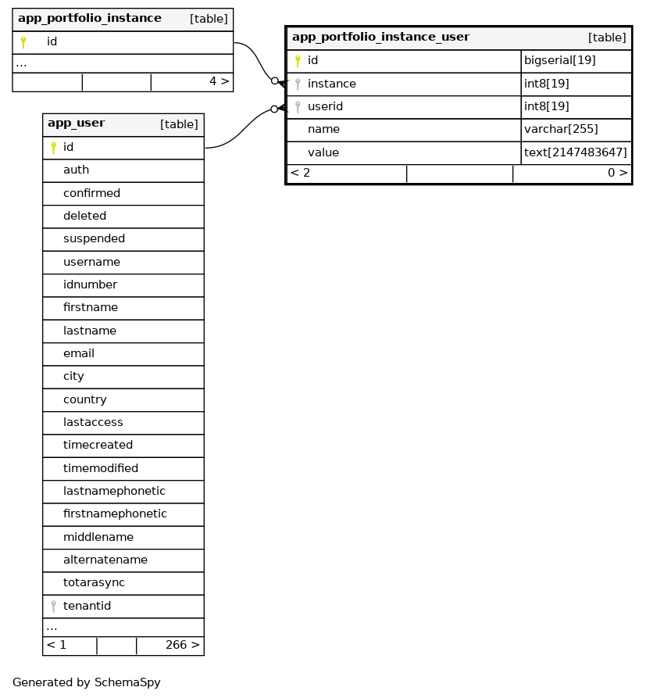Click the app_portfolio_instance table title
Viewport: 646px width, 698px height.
pos(90,19)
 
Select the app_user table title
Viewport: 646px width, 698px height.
pos(77,123)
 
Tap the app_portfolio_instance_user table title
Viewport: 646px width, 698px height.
pos(380,37)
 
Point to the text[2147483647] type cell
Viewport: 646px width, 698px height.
pos(576,152)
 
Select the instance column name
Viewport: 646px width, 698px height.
pos(331,84)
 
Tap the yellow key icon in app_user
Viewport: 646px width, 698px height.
pos(53,147)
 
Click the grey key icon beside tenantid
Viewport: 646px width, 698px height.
pos(53,606)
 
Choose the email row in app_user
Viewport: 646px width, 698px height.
pos(79,354)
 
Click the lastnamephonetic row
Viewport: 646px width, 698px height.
pos(114,492)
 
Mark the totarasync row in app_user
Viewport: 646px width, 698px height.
pos(94,583)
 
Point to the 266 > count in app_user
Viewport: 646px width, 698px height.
pos(182,646)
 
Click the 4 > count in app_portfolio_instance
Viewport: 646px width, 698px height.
pos(219,81)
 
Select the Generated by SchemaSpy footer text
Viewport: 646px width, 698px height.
pos(87,682)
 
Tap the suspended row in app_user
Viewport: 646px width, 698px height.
pos(94,239)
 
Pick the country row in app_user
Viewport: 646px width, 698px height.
pos(85,400)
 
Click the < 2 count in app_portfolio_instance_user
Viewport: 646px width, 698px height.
pos(300,174)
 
